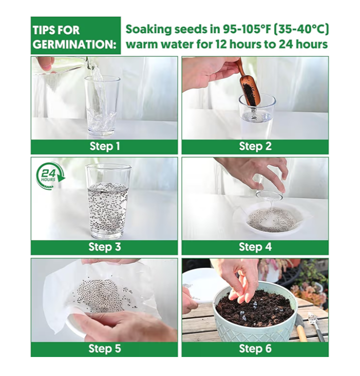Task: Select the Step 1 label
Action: [x=104, y=146]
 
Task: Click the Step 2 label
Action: [x=255, y=146]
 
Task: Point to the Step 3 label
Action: [x=104, y=247]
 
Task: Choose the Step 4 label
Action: [x=255, y=247]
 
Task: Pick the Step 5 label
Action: [x=104, y=348]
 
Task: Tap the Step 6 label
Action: [x=255, y=348]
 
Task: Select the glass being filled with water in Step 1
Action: [x=102, y=106]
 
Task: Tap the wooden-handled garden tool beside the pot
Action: [x=300, y=328]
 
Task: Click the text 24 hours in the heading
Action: [x=303, y=44]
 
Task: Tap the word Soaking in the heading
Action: [x=148, y=30]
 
